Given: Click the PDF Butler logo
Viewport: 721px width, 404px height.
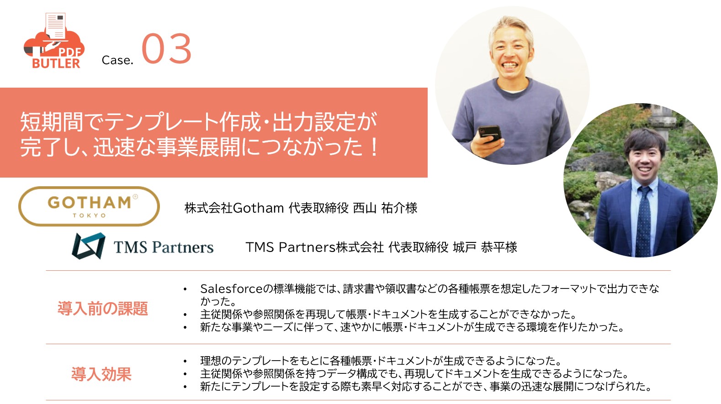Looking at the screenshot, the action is point(54,41).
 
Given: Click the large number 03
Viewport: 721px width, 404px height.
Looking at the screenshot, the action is point(166,48).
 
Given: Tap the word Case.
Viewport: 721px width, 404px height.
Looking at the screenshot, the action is point(117,60).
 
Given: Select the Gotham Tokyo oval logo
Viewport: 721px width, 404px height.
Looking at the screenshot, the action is point(89,206).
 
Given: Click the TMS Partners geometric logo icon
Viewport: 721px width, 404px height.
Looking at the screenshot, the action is point(89,246).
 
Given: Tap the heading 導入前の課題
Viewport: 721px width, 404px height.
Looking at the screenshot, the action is point(103,308).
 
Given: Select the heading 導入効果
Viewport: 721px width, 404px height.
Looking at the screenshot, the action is point(101,374).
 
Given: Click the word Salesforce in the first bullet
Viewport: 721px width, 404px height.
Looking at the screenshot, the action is point(232,289).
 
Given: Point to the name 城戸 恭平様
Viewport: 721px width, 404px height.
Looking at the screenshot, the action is point(485,247).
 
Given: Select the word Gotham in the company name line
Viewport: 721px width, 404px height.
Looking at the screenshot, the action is point(258,208).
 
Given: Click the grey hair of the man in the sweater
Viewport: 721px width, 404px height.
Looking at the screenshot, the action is point(511,27).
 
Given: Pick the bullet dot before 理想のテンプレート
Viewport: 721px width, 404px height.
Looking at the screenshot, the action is point(185,362).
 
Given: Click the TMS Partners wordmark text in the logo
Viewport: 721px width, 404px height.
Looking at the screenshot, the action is point(164,247).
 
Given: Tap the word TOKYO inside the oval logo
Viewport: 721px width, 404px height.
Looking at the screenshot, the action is point(89,215).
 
